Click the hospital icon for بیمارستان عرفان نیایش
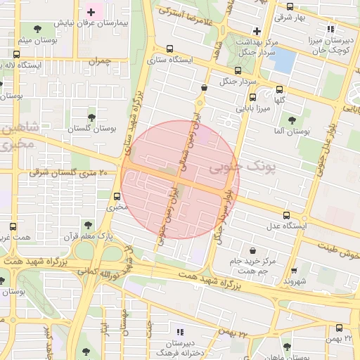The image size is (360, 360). (91, 12)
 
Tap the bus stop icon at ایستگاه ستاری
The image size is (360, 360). (169, 49)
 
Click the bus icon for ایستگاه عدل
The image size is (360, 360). (285, 215)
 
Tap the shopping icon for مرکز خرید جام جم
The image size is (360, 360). (252, 251)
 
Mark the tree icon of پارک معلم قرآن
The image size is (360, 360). (87, 224)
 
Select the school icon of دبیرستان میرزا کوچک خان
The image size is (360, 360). (331, 29)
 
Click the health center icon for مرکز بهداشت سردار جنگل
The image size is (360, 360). (257, 31)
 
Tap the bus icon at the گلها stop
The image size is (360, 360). (280, 89)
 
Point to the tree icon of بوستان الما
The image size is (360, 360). (291, 120)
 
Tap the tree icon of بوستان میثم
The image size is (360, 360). (37, 29)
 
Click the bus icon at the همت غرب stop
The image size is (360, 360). (12, 227)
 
